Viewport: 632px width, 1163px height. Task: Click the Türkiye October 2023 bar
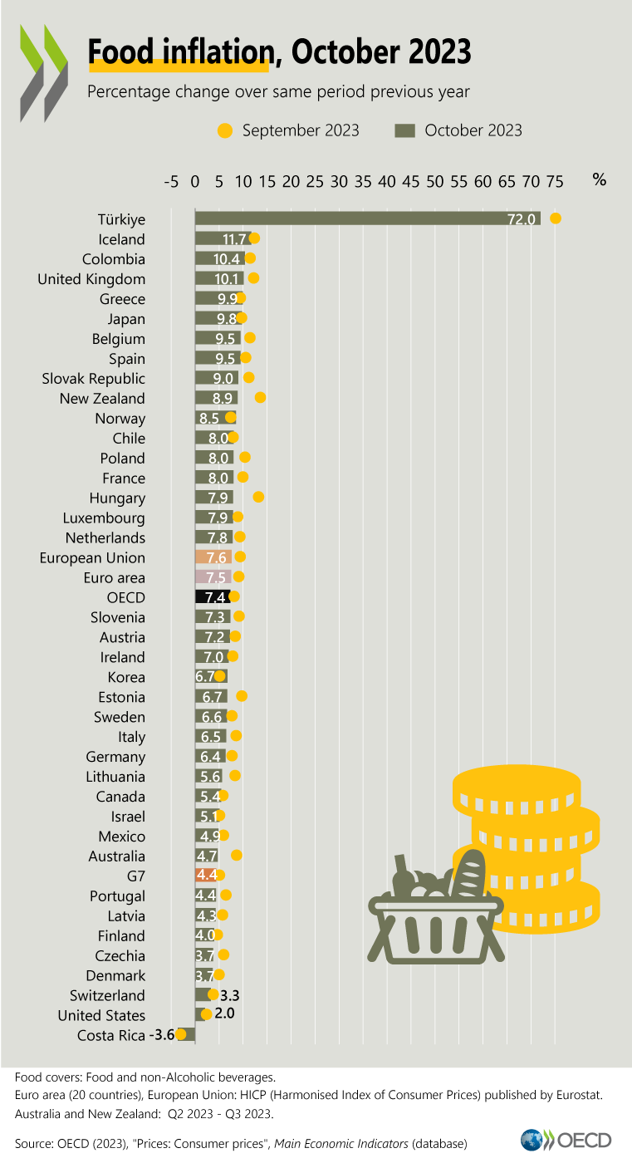365,218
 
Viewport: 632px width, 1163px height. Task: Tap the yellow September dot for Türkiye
556,218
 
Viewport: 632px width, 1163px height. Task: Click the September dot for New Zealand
260,398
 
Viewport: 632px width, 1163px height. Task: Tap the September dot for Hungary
258,498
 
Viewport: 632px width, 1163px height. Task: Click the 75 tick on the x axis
555,181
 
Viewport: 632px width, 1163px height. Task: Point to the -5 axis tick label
171,181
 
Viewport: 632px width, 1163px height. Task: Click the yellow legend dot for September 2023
224,130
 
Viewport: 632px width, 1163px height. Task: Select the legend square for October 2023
404,130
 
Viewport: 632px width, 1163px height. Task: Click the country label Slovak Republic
94,379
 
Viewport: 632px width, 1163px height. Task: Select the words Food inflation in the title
180,52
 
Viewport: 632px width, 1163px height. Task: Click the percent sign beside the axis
599,179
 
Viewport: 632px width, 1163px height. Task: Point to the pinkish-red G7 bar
206,876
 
